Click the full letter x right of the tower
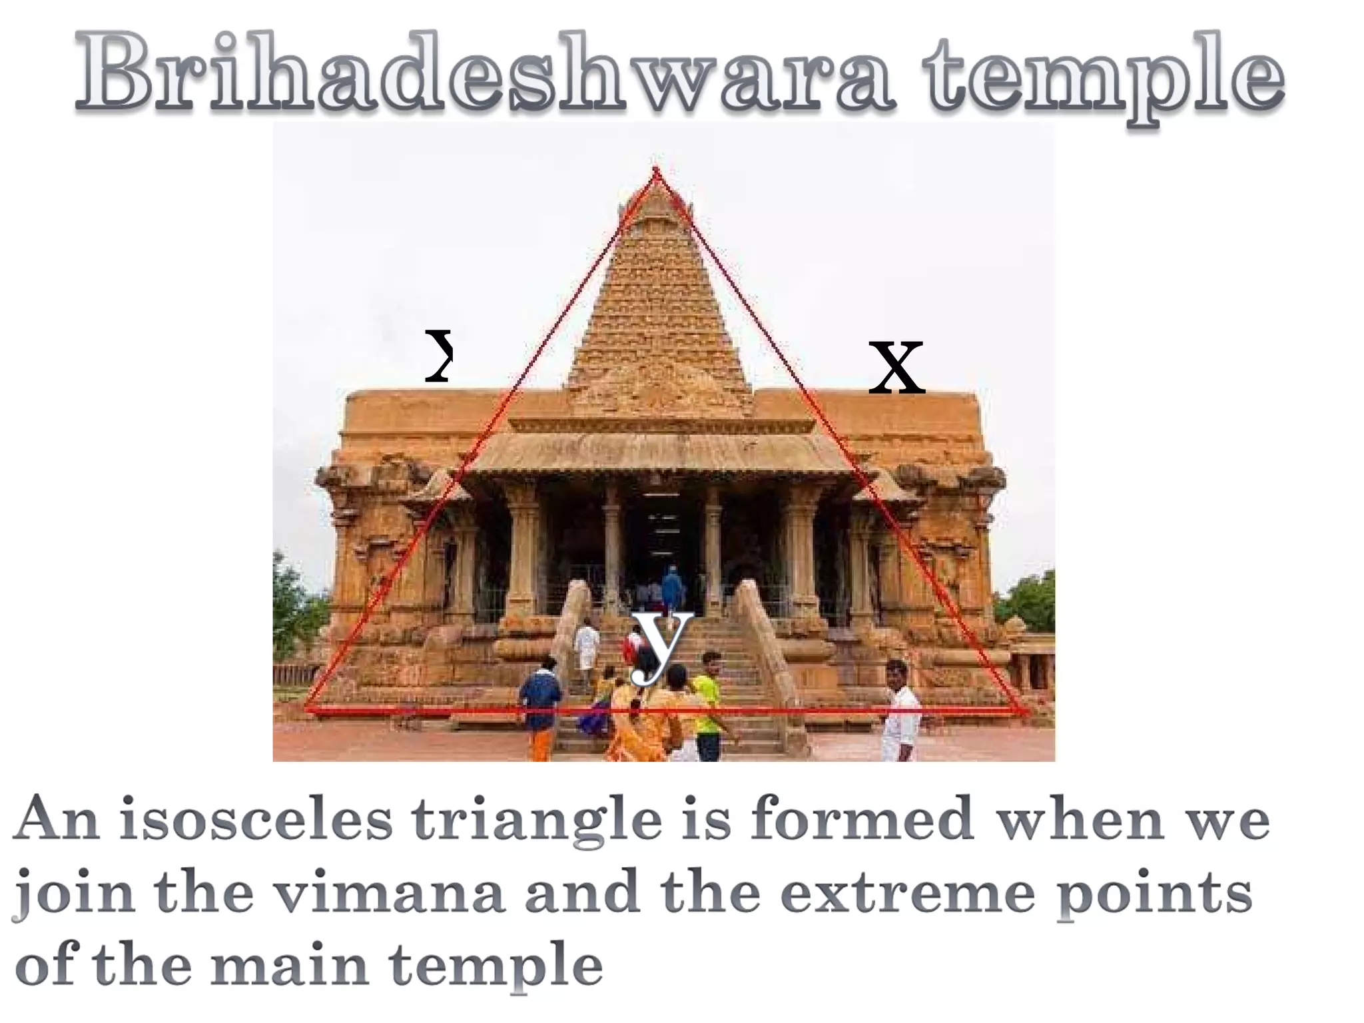(x=896, y=367)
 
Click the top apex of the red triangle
(x=656, y=170)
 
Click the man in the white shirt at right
(x=900, y=713)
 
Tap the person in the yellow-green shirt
(x=707, y=706)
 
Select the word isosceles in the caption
(x=256, y=821)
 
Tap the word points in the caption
(x=1156, y=896)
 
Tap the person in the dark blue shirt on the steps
(x=539, y=699)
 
